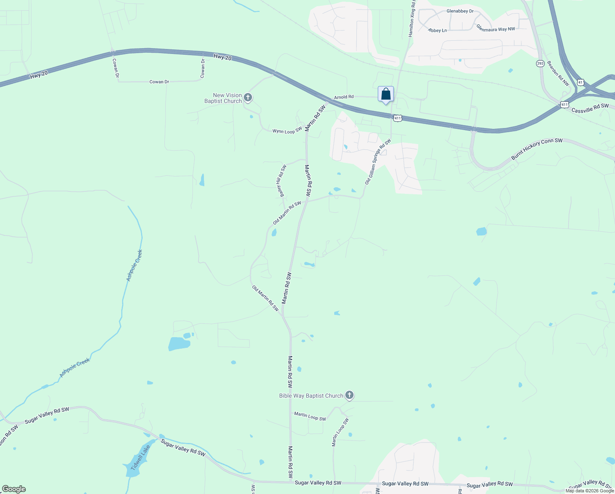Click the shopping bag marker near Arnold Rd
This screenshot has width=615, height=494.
pyautogui.click(x=386, y=94)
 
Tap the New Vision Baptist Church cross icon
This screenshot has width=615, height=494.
pyautogui.click(x=247, y=98)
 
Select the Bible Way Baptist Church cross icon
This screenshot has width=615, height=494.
pyautogui.click(x=349, y=396)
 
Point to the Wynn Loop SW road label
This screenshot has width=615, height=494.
pyautogui.click(x=287, y=131)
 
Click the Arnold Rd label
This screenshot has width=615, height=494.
pyautogui.click(x=344, y=97)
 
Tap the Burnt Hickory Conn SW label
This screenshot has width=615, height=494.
pyautogui.click(x=536, y=149)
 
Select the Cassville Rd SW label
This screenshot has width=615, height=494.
pyautogui.click(x=590, y=108)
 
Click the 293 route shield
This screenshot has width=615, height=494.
pyautogui.click(x=540, y=63)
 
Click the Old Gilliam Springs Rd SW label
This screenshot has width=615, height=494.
pyautogui.click(x=378, y=161)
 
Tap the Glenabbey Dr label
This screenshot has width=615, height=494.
pyautogui.click(x=460, y=11)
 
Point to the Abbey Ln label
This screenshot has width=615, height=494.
pyautogui.click(x=437, y=30)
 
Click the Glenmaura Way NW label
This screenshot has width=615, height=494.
pyautogui.click(x=495, y=28)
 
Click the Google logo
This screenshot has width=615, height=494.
pyautogui.click(x=14, y=489)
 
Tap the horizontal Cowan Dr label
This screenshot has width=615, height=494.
pyautogui.click(x=159, y=82)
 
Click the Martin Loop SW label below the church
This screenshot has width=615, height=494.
pyautogui.click(x=310, y=417)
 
